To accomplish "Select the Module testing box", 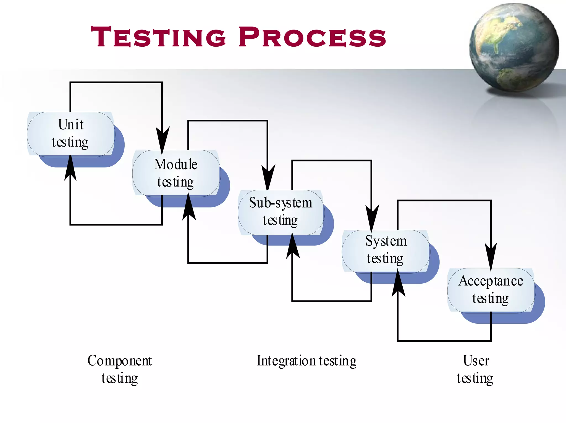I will (176, 173).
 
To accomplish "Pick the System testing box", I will (386, 251).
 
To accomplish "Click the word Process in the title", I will (312, 37).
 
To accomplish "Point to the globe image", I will (514, 47).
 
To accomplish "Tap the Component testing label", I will (120, 369).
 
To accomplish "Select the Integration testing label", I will (306, 361).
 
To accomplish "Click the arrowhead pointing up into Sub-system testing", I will (293, 246).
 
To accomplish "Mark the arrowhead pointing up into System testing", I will (398, 283).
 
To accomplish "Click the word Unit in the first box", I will (71, 124).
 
